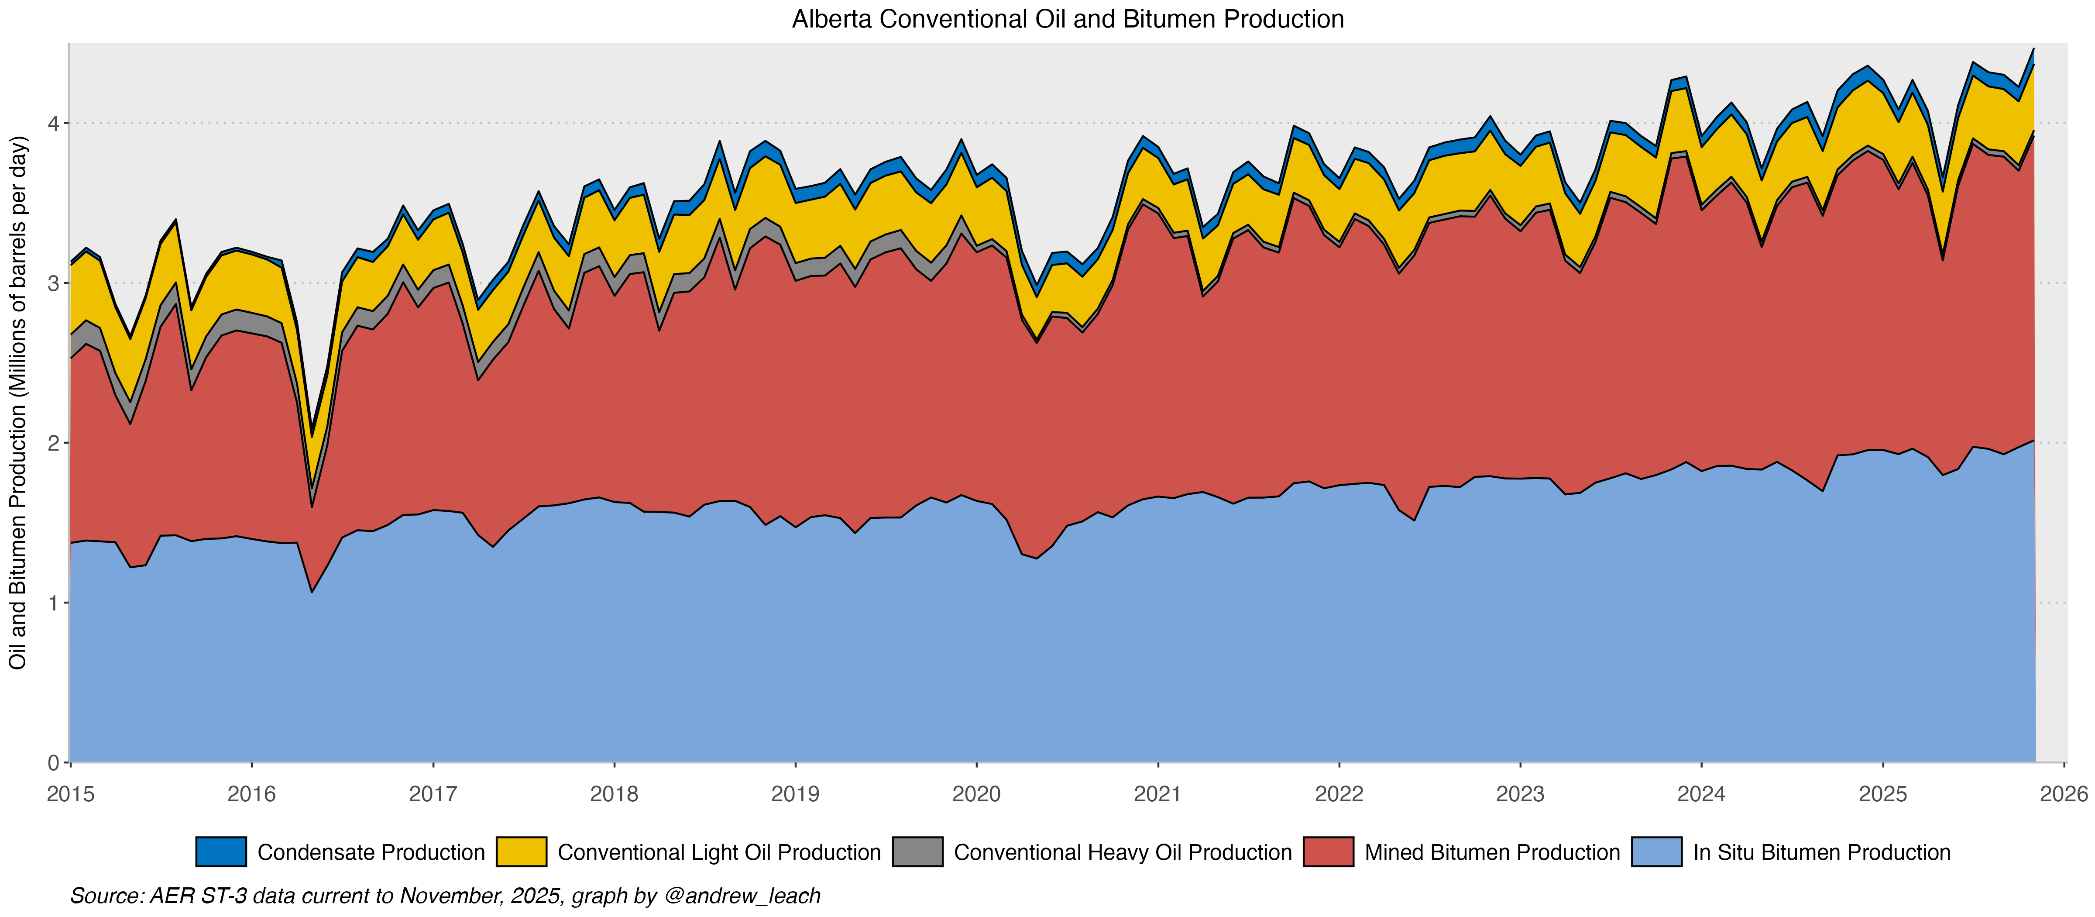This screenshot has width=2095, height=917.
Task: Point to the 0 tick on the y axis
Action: (54, 762)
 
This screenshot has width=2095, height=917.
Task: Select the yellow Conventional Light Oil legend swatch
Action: (521, 852)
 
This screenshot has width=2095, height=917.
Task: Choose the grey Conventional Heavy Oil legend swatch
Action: (917, 852)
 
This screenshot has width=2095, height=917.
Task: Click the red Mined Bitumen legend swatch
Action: (1328, 852)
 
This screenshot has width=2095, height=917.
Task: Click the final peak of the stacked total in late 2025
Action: (2033, 50)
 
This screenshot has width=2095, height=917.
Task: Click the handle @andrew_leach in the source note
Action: (742, 896)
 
